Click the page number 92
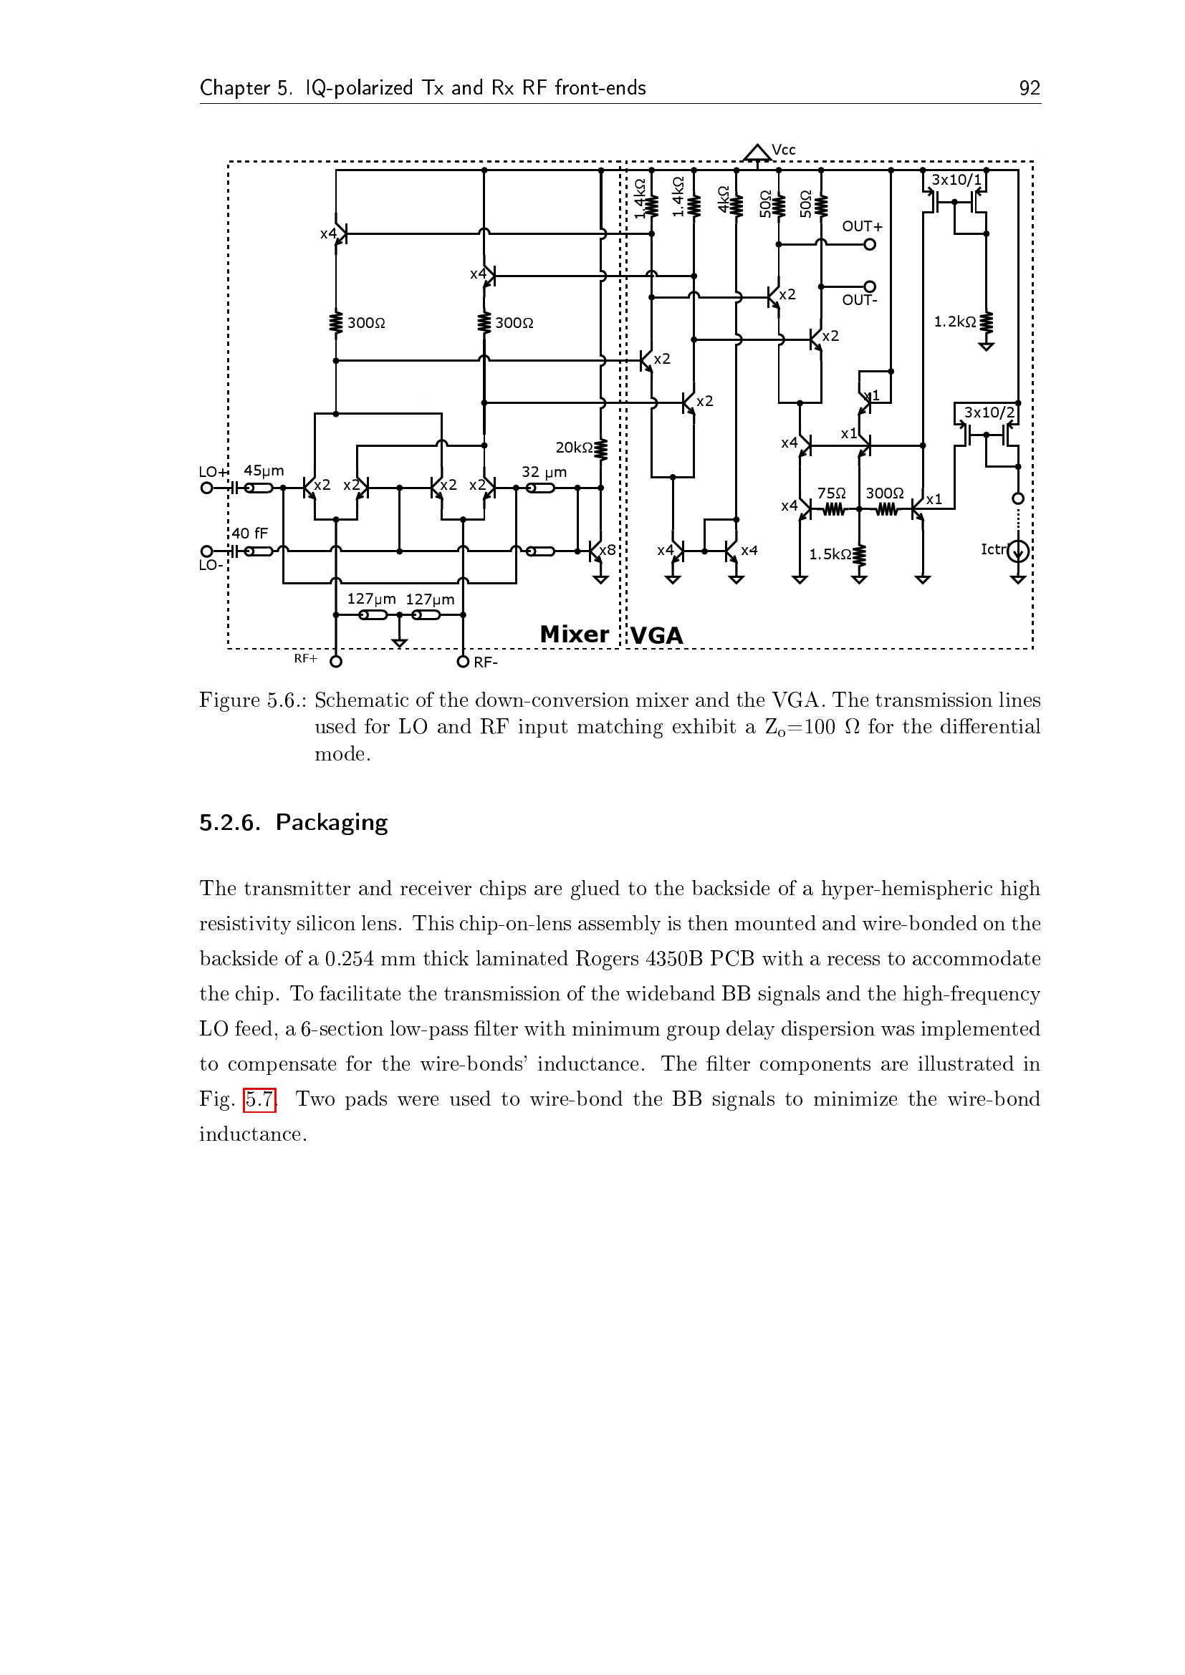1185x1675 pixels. [1029, 88]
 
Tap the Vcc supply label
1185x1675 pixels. [783, 150]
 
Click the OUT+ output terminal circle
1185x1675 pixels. [869, 244]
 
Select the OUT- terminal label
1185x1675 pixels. [860, 300]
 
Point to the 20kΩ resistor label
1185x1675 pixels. [575, 447]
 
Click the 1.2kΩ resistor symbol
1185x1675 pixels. [986, 322]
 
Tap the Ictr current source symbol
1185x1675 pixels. [1018, 551]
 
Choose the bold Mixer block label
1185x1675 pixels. [575, 634]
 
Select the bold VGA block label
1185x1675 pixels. [657, 635]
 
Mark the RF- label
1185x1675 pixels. [485, 662]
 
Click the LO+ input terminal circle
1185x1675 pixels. [206, 488]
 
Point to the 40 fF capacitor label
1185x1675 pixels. [249, 534]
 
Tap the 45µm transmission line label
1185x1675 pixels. [264, 470]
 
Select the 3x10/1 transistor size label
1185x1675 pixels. [956, 180]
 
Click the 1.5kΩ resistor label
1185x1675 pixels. [830, 554]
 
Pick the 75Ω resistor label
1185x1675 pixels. [831, 494]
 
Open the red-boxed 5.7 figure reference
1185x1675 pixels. [259, 1099]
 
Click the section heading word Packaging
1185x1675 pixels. [331, 823]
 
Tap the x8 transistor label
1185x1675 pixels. [607, 551]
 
